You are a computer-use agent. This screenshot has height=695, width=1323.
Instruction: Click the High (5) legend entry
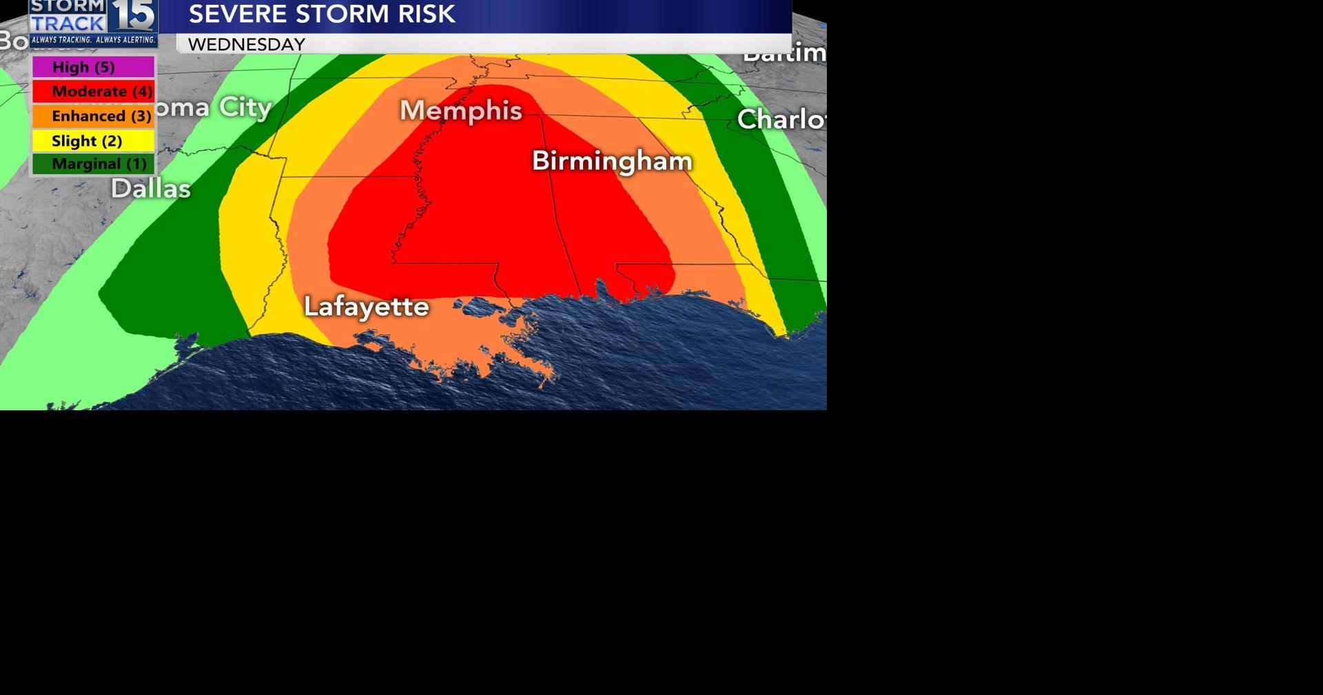(x=93, y=67)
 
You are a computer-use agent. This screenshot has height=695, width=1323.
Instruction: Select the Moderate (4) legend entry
(x=93, y=91)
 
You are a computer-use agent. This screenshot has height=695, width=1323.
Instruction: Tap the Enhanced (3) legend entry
(x=93, y=116)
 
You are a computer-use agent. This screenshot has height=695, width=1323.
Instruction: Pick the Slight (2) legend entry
(x=93, y=141)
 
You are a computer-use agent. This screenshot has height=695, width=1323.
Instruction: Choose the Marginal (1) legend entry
(x=93, y=164)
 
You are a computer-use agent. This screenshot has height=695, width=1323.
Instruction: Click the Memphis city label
(x=461, y=110)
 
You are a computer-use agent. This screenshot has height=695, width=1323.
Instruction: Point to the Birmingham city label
(x=612, y=161)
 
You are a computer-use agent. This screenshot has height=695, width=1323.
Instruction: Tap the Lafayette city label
(x=367, y=306)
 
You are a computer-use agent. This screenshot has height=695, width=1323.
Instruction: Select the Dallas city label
(x=151, y=188)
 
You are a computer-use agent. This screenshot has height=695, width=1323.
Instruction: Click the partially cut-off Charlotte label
(x=781, y=119)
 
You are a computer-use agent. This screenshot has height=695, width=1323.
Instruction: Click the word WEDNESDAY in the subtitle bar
(x=247, y=44)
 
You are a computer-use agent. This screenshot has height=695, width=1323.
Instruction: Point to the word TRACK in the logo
(x=67, y=23)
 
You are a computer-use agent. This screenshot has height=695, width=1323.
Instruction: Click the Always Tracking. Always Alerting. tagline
(x=93, y=40)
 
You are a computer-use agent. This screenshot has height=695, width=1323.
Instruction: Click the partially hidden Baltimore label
(x=784, y=52)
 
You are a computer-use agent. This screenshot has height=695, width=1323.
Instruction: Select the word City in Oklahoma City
(x=245, y=108)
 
